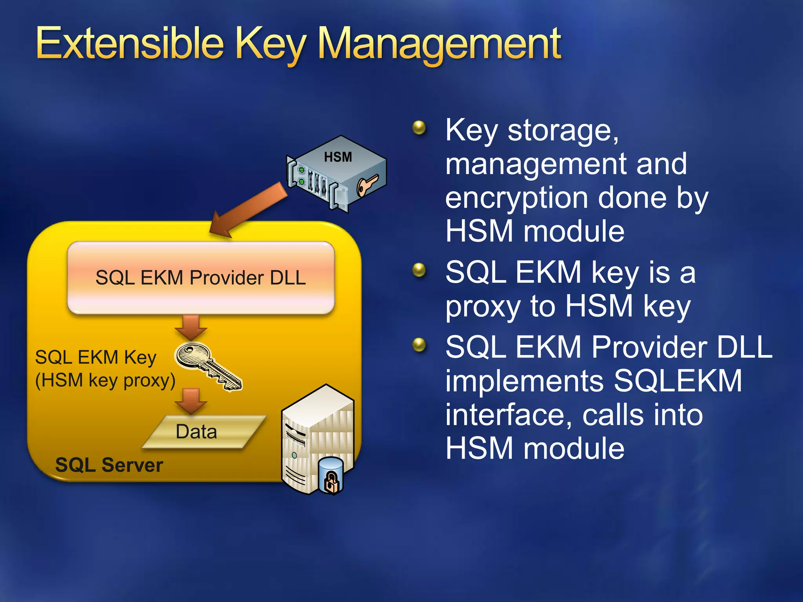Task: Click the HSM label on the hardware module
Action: click(x=338, y=157)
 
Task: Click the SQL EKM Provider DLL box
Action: click(x=201, y=277)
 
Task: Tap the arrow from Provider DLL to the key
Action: click(x=191, y=327)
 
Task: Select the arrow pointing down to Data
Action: click(x=191, y=401)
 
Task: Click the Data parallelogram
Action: click(x=204, y=432)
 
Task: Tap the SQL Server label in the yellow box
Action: click(x=109, y=465)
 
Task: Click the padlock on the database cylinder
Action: click(x=332, y=482)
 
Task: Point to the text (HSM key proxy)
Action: click(x=105, y=380)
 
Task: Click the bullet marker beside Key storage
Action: click(x=419, y=127)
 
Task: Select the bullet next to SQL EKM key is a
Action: click(x=419, y=270)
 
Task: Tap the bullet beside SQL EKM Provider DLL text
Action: click(x=419, y=345)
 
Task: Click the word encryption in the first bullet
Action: click(x=516, y=198)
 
